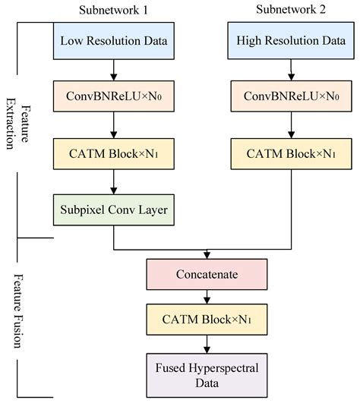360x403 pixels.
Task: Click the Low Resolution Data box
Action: [x=113, y=41]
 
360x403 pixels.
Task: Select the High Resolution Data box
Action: [x=290, y=41]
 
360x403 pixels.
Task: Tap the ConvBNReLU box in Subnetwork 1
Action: [x=113, y=96]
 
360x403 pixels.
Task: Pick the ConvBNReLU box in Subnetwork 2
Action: [x=290, y=96]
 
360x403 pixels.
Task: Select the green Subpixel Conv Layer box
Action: [x=113, y=208]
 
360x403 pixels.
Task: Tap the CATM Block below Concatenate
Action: [x=207, y=320]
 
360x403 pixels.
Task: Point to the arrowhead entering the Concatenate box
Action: [x=207, y=256]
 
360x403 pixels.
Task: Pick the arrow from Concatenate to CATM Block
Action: [x=207, y=298]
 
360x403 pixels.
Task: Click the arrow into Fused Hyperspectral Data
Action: [x=207, y=345]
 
